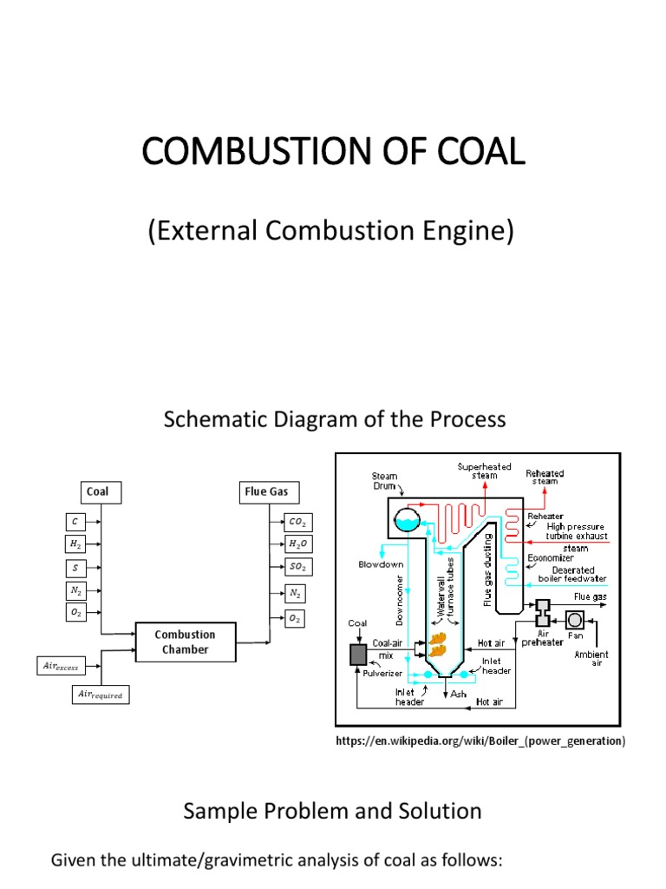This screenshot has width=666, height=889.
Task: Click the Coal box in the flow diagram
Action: (101, 492)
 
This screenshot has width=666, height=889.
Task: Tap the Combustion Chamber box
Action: (185, 642)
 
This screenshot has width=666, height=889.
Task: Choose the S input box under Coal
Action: (75, 568)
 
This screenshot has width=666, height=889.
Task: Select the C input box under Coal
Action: (75, 522)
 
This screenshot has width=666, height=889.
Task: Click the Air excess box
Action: (61, 666)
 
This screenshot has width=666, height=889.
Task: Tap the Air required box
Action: (101, 694)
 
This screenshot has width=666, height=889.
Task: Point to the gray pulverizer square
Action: (359, 654)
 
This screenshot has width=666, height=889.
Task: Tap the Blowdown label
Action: (382, 563)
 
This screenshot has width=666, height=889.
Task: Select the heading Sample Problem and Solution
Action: (332, 811)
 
